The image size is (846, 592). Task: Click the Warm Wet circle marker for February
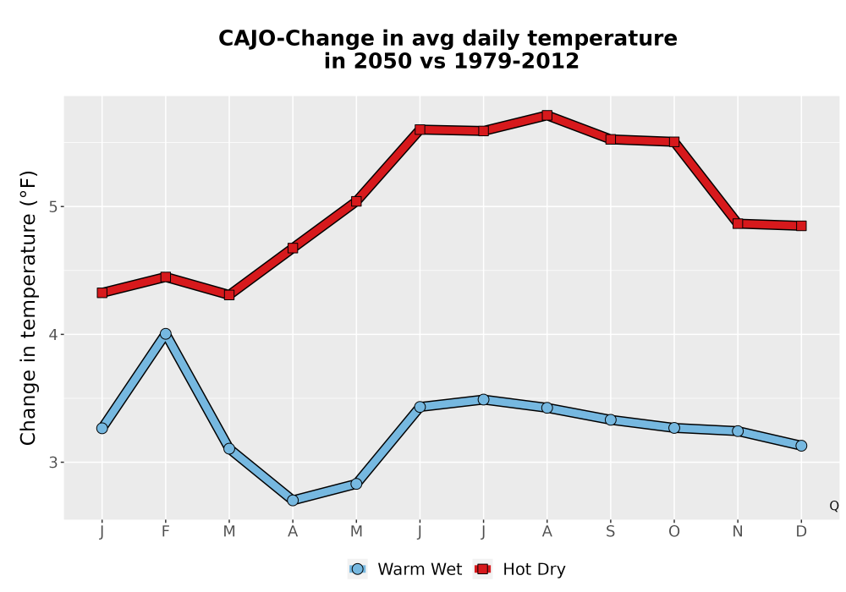tap(166, 334)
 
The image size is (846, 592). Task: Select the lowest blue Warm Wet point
tap(293, 500)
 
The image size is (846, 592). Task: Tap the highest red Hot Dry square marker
tap(547, 115)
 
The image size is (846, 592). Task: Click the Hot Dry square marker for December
tap(801, 225)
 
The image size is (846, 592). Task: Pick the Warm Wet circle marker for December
tap(801, 446)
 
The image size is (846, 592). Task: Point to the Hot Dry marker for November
tap(738, 223)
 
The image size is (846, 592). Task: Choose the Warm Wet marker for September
tap(611, 419)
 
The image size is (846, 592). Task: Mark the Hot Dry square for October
tap(674, 142)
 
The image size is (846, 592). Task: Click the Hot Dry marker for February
tap(166, 277)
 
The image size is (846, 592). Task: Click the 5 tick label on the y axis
tap(52, 206)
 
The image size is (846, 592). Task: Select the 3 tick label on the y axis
tap(52, 462)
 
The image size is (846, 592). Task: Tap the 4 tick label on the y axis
tap(52, 334)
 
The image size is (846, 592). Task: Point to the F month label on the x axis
tap(166, 532)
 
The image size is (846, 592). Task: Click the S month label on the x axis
tap(611, 532)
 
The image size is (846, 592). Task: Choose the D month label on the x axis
tap(801, 532)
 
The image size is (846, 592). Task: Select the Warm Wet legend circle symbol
tap(358, 569)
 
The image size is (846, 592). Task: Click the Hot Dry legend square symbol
tap(483, 569)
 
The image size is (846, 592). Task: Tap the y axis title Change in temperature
tap(28, 308)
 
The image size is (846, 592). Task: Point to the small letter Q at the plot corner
tap(834, 506)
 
